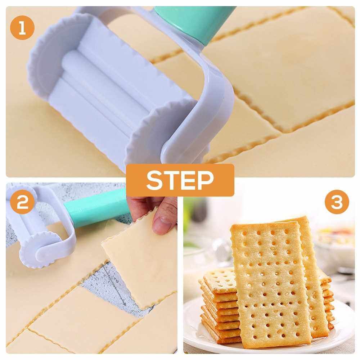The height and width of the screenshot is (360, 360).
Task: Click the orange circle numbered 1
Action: click(x=22, y=28)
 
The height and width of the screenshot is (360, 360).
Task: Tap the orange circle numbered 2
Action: click(x=22, y=202)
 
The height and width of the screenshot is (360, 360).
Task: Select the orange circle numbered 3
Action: click(x=337, y=202)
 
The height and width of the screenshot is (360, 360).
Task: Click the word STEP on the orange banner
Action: click(x=180, y=180)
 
